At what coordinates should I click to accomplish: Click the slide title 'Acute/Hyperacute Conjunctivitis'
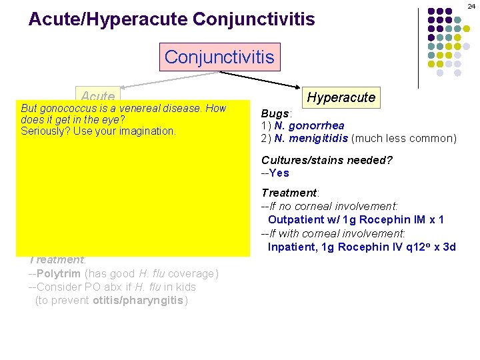tap(171, 19)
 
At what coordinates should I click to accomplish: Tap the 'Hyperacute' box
tap(341, 97)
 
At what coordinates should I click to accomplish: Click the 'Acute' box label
tap(99, 96)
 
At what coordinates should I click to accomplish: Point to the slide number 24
tap(471, 5)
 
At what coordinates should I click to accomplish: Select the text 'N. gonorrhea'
tap(309, 126)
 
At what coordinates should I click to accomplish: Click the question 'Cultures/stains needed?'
tap(326, 160)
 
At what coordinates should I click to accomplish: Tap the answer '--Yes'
tap(275, 173)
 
